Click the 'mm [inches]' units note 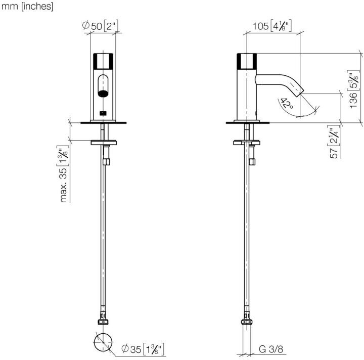coord(27,7)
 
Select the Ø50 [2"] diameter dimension coord(100,26)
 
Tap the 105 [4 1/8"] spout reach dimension coord(272,26)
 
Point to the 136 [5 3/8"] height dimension coord(354,89)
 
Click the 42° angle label coord(287,104)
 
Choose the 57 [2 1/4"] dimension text coord(334,142)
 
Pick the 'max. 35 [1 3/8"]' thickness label coord(63,174)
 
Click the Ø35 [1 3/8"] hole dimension coord(143,349)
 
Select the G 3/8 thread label coord(271,349)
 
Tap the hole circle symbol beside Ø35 coord(103,342)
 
